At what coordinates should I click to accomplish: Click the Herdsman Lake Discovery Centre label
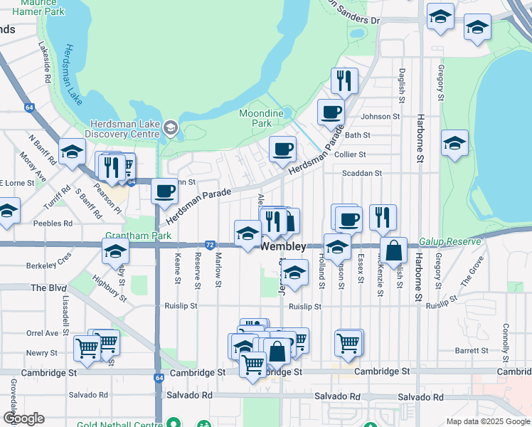point(122,129)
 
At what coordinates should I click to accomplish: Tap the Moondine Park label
point(261,118)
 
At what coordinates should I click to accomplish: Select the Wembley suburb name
point(284,247)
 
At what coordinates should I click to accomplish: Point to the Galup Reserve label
point(449,242)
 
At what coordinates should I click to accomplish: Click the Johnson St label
point(381,117)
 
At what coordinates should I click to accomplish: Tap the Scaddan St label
point(362,173)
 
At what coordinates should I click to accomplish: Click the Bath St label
point(357,135)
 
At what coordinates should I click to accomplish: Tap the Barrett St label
point(470,350)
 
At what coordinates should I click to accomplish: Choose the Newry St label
point(41,353)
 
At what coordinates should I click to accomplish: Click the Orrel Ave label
point(42,333)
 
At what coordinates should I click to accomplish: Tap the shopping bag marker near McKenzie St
point(393,251)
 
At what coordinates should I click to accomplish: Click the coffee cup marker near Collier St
point(282,149)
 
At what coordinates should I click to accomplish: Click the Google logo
point(24,419)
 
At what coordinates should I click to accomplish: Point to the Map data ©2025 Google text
point(487,421)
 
